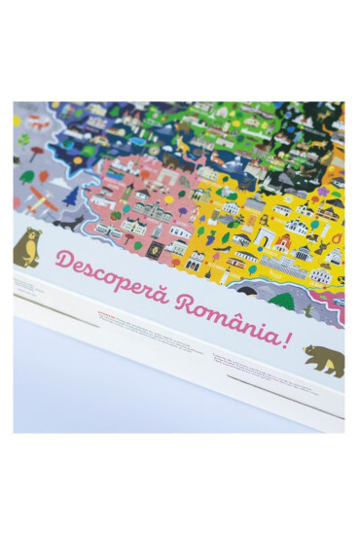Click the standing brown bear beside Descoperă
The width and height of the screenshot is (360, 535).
(27, 248)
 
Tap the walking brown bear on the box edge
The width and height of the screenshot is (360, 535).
(323, 359)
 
